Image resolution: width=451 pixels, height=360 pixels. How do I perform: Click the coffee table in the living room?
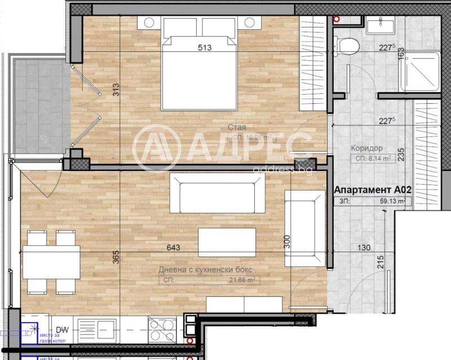(227, 242)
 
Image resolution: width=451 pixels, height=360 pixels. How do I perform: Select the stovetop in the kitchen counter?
(162, 330)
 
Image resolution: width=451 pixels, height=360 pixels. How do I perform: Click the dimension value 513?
(204, 48)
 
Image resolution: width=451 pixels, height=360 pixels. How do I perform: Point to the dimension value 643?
(173, 247)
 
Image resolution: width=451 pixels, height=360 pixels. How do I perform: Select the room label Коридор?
(368, 148)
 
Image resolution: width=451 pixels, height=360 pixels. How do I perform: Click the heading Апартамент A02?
(372, 190)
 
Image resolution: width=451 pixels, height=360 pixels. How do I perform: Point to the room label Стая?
(237, 128)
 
